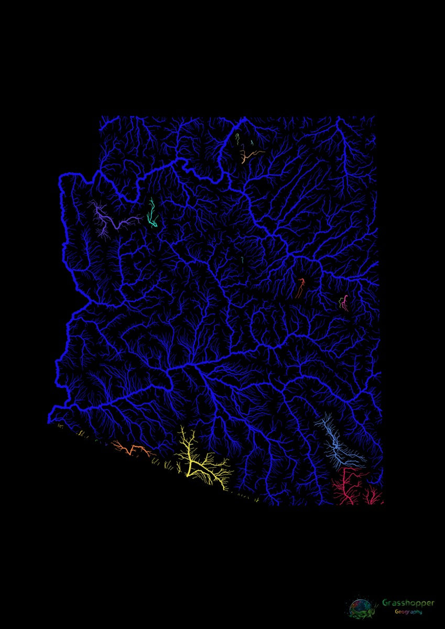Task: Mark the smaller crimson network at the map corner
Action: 373,496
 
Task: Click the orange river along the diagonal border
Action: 131,450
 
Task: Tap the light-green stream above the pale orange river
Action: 237,139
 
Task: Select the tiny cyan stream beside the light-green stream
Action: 252,142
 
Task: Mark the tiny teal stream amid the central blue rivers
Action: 242,259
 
